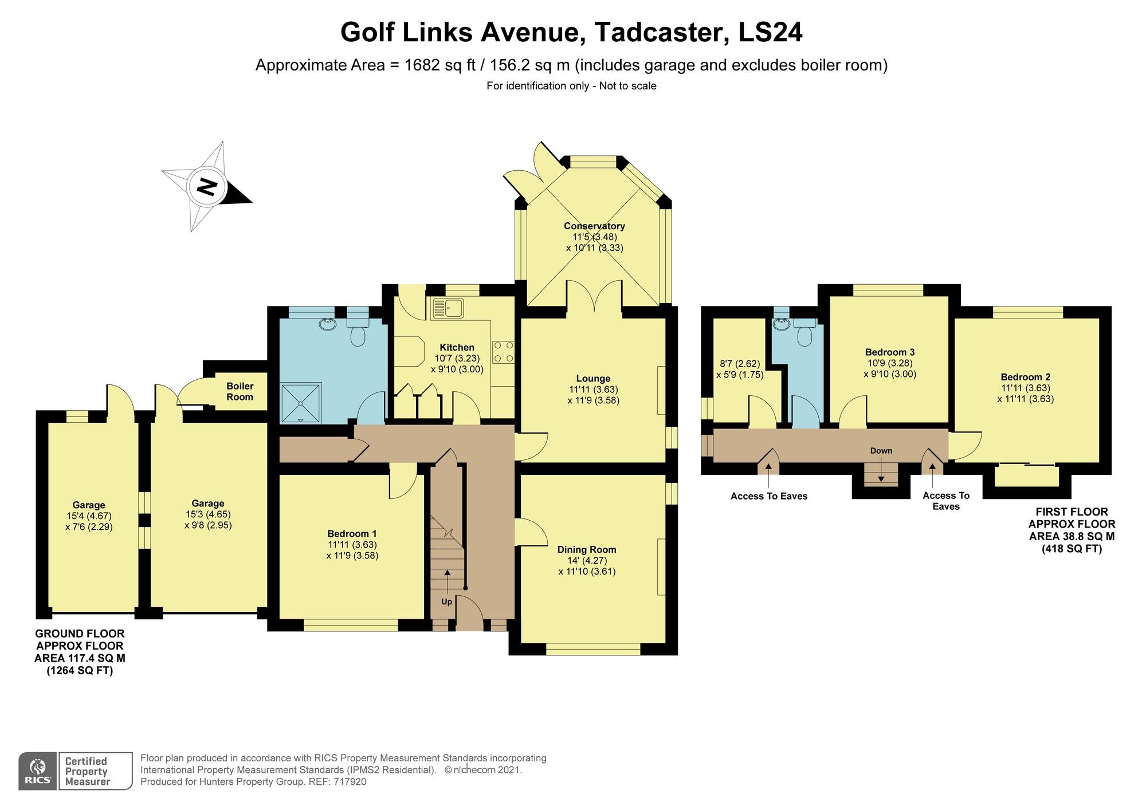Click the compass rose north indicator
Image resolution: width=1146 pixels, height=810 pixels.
point(207,186)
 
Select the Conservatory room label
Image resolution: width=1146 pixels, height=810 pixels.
point(594,226)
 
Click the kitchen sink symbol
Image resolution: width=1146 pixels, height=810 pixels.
point(449,308)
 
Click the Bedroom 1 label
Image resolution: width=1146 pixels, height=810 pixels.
point(352,533)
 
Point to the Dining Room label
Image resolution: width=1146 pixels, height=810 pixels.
point(587,549)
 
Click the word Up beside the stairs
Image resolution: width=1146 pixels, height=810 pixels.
point(446,601)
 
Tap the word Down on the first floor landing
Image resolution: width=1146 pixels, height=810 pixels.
point(881,451)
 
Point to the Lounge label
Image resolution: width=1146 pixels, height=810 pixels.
point(593,378)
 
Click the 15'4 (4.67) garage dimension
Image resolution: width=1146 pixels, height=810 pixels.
point(88,516)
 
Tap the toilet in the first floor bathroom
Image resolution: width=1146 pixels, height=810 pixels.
point(804,334)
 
